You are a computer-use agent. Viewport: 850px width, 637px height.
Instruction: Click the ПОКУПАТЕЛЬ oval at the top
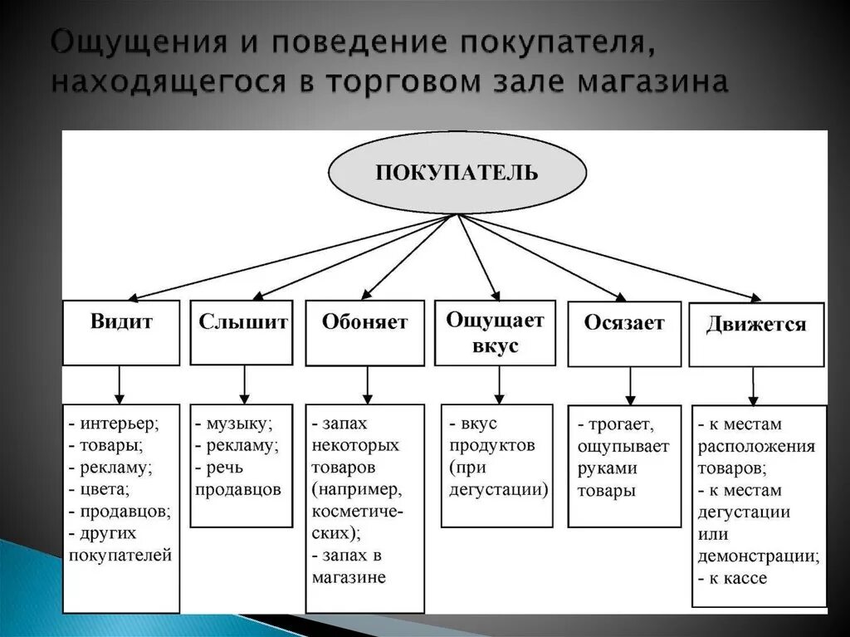point(457,173)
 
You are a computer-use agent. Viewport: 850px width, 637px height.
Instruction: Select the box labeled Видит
point(121,332)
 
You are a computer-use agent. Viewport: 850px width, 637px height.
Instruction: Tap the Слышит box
point(242,332)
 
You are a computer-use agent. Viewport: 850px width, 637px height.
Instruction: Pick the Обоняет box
point(364,333)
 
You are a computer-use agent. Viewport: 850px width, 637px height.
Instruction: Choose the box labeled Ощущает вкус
point(495,332)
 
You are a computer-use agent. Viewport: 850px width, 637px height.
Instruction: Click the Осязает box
point(624,334)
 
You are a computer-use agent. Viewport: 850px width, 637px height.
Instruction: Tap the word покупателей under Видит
point(121,555)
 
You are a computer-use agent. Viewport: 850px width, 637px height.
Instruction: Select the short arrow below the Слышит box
point(244,385)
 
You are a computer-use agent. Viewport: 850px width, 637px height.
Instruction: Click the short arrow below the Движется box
point(754,386)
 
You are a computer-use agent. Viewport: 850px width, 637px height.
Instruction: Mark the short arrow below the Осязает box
point(630,386)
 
